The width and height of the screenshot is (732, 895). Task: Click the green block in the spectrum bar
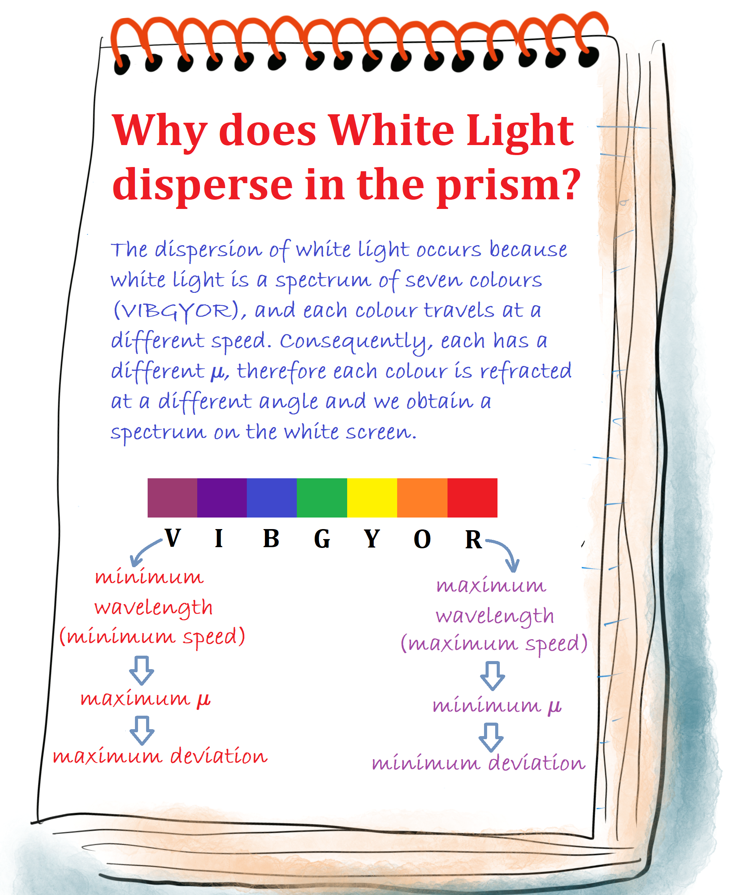(x=322, y=498)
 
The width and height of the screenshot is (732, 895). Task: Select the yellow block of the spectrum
(x=372, y=498)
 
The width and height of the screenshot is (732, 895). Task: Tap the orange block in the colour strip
(x=422, y=498)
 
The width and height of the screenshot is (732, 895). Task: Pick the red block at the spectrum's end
(x=472, y=498)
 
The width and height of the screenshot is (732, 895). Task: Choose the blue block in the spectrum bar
(x=271, y=498)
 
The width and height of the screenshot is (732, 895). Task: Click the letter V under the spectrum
(x=173, y=538)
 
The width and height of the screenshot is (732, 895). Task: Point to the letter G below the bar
(x=322, y=539)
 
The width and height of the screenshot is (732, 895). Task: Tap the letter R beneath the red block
(x=474, y=539)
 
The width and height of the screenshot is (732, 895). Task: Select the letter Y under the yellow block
(x=372, y=539)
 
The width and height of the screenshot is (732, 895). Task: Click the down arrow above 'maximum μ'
(x=142, y=670)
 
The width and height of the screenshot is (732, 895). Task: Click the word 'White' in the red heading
(x=392, y=131)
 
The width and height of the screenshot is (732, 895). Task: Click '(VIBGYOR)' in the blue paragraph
(x=179, y=311)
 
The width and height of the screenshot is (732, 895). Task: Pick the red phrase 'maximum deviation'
(x=160, y=756)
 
